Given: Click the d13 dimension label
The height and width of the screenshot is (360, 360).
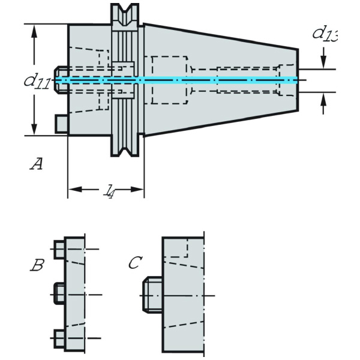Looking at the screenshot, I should coord(324,34).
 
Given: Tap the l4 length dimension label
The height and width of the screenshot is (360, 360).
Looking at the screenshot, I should coord(110,192).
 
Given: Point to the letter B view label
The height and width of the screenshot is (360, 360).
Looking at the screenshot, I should coord(37,265).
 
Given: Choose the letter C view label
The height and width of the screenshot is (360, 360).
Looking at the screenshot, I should coord(136,262).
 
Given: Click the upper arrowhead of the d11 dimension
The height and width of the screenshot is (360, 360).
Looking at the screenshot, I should coord(35,30).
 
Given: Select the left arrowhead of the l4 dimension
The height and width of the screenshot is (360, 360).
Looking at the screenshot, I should coord(73,190).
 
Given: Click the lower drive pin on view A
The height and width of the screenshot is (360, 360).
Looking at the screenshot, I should coord(61,123).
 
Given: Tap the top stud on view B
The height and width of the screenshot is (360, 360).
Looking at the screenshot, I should coord(59,248).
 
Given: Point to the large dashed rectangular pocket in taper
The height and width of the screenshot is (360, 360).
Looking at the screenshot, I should coord(170,79).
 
